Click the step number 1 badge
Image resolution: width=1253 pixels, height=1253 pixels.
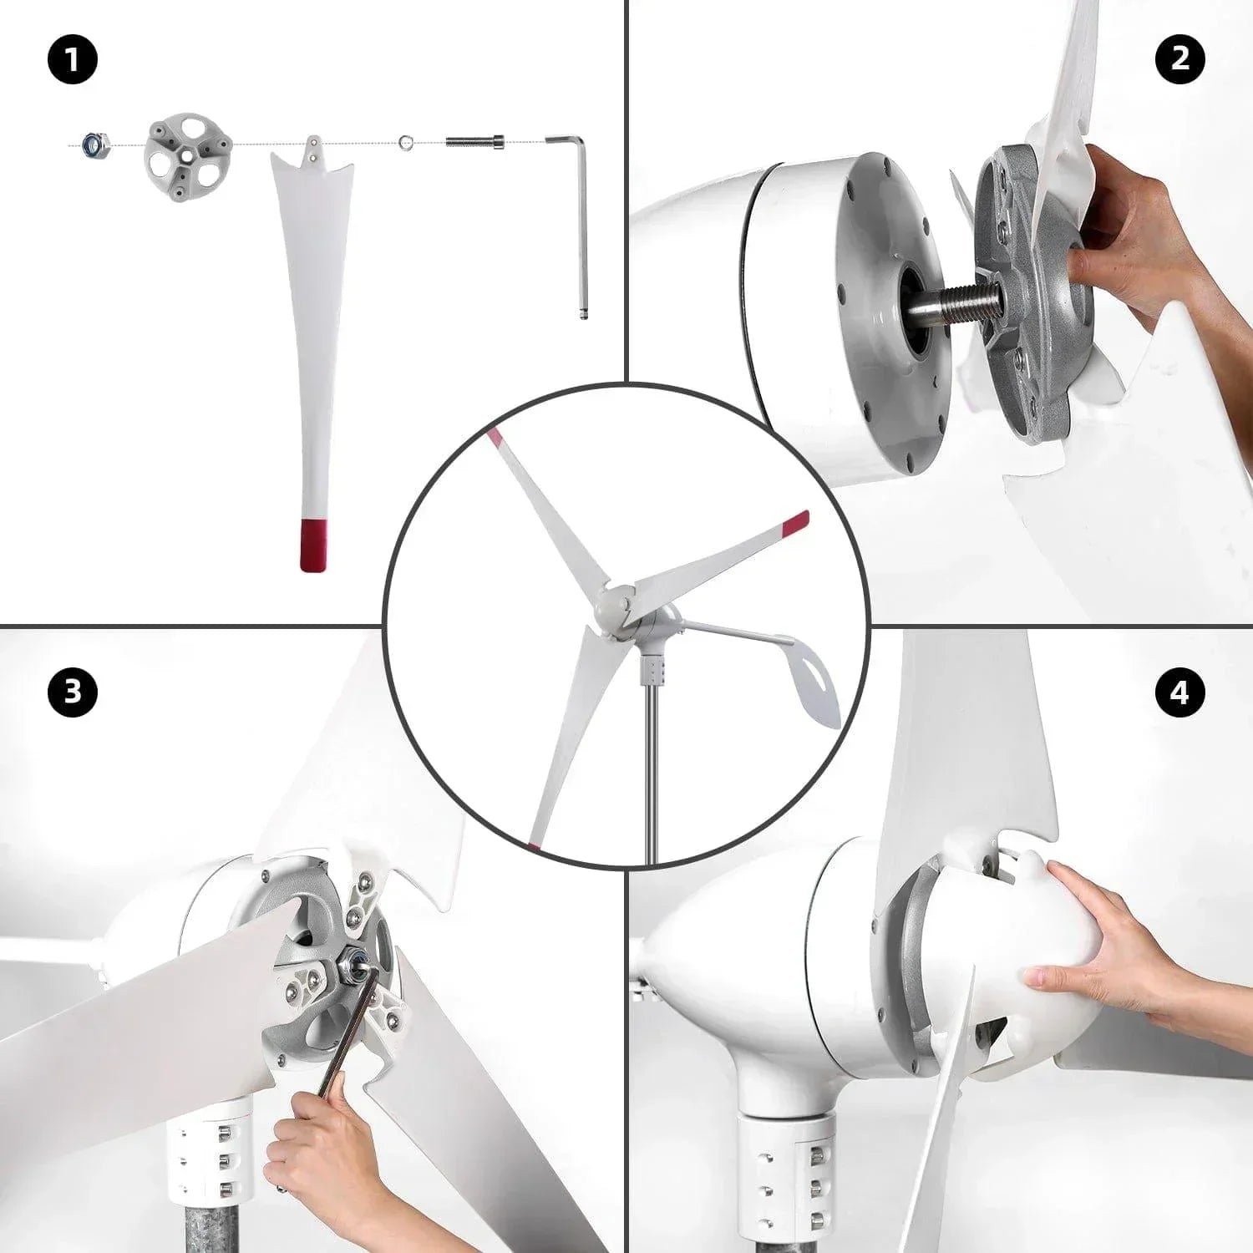click(73, 60)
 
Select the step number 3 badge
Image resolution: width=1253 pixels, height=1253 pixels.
click(73, 692)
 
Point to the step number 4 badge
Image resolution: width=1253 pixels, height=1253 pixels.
click(1179, 692)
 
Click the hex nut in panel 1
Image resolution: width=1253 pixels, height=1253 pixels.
click(93, 145)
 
